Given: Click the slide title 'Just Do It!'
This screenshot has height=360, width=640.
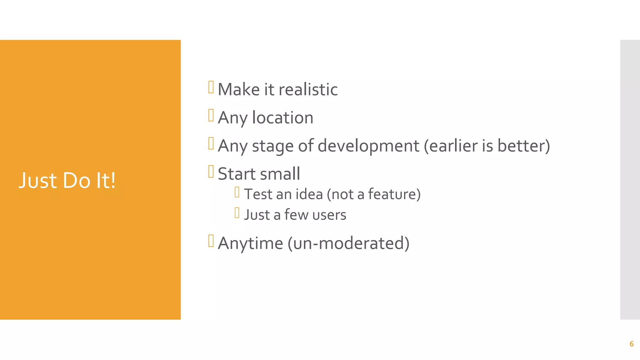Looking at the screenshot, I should coord(67,180).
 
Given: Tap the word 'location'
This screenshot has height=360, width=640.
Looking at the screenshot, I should coord(282,118).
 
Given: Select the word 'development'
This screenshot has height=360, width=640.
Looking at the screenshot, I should coord(368,146).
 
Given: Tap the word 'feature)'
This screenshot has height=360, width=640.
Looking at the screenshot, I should coord(394,194).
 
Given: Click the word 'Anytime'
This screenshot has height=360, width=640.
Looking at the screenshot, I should coord(250,243).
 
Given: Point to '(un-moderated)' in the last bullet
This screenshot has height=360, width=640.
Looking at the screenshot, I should coord(348,243).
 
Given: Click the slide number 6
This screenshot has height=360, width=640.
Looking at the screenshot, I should coord(631,344).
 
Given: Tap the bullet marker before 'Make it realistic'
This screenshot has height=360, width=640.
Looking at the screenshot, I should coord(211,87).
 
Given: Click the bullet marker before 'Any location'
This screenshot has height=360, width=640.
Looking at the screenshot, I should coord(211,115).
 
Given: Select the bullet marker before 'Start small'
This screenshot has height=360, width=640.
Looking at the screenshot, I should coord(211,172).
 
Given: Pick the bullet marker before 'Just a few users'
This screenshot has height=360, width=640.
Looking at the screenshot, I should coord(237,213).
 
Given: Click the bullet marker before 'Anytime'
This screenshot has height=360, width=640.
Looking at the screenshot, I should coord(211,241).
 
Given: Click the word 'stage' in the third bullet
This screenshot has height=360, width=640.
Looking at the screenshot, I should coord(272,146).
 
